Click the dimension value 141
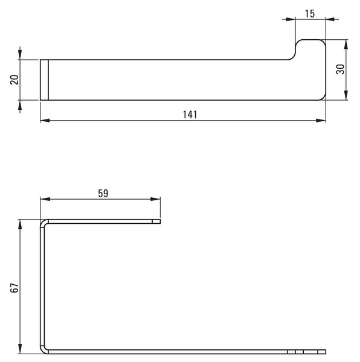pos(190,115)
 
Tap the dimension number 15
pos(310,14)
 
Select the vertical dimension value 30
pos(340,69)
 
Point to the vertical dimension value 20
pos(14,80)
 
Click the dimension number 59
pos(103,194)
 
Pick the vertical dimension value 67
pos(14,288)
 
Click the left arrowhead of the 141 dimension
pos(45,120)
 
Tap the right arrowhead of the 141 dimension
pos(321,120)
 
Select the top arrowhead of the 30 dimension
pos(346,44)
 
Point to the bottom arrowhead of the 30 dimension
pos(346,95)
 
